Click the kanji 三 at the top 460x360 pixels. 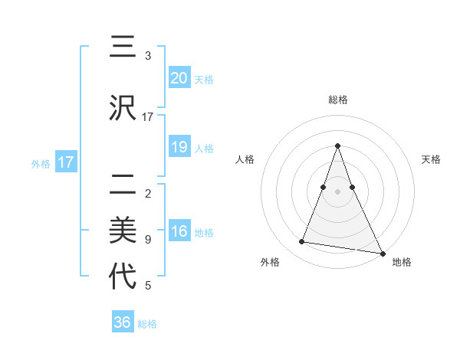pyautogui.click(x=123, y=48)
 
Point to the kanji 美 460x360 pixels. pyautogui.click(x=123, y=231)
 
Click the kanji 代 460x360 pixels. pyautogui.click(x=123, y=277)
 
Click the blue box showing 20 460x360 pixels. pyautogui.click(x=179, y=78)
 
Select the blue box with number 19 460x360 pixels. pyautogui.click(x=179, y=147)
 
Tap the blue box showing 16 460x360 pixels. pyautogui.click(x=179, y=232)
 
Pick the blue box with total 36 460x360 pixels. pyautogui.click(x=123, y=322)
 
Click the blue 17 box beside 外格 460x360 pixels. pyautogui.click(x=65, y=162)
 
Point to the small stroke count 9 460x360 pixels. pyautogui.click(x=148, y=240)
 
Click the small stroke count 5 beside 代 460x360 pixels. pyautogui.click(x=148, y=286)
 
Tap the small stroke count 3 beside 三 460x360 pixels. pyautogui.click(x=148, y=56)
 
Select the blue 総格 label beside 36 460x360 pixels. pyautogui.click(x=147, y=324)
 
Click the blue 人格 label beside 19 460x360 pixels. pyautogui.click(x=204, y=149)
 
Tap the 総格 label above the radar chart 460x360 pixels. pyautogui.click(x=338, y=100)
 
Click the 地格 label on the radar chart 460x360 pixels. pyautogui.click(x=402, y=263)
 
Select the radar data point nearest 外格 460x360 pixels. pyautogui.click(x=302, y=242)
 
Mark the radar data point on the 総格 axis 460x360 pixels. pyautogui.click(x=338, y=146)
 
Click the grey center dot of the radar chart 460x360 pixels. pyautogui.click(x=338, y=191)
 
